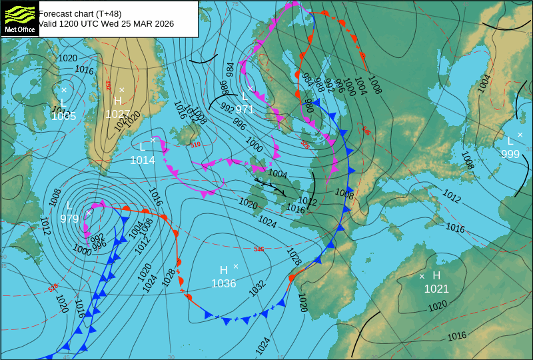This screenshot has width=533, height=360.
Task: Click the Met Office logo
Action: pyautogui.click(x=19, y=18)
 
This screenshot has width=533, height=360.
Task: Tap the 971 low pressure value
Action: pyautogui.click(x=245, y=109)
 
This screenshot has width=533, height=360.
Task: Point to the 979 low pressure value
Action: pyautogui.click(x=69, y=218)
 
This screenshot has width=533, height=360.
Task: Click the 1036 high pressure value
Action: pyautogui.click(x=224, y=283)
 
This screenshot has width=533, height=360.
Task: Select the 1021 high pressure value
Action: pyautogui.click(x=436, y=289)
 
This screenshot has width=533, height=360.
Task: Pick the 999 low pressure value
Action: pyautogui.click(x=510, y=154)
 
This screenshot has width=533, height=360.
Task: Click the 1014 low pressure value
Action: pyautogui.click(x=143, y=160)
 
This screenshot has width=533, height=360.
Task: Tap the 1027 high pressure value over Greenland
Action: pyautogui.click(x=117, y=114)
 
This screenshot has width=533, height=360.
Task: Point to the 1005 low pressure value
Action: pyautogui.click(x=63, y=117)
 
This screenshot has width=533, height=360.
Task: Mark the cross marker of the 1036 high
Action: pyautogui.click(x=236, y=266)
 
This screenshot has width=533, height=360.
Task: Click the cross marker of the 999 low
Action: pyautogui.click(x=520, y=135)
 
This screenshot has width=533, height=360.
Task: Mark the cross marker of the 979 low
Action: pyautogui.click(x=89, y=212)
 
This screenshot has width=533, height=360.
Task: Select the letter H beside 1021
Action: pyautogui.click(x=436, y=275)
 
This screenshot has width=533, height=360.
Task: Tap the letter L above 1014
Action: pyautogui.click(x=143, y=147)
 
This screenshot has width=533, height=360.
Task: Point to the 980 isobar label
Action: pyautogui.click(x=308, y=105)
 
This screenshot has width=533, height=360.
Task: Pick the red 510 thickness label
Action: pyautogui.click(x=195, y=145)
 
